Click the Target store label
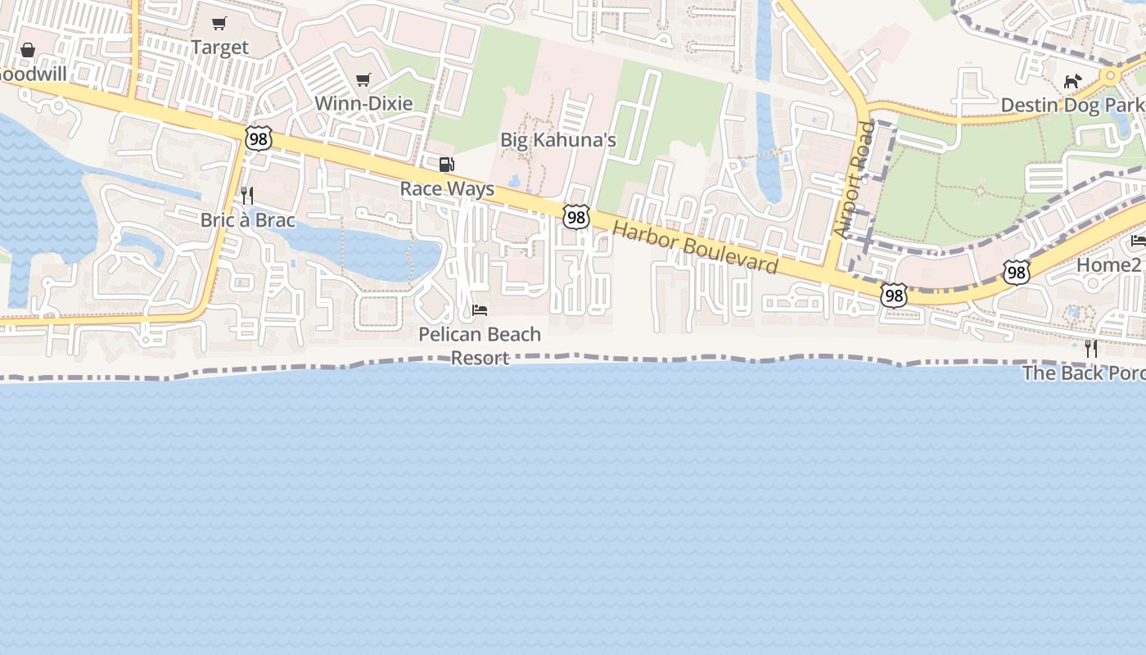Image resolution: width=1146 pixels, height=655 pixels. [x=219, y=47]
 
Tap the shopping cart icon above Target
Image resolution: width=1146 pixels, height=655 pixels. [x=219, y=23]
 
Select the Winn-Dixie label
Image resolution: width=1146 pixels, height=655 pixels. [x=363, y=103]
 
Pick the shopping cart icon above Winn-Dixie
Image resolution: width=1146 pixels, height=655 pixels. [x=363, y=79]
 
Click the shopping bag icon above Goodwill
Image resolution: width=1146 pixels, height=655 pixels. [x=28, y=50]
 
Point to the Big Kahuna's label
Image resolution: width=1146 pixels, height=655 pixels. [x=557, y=140]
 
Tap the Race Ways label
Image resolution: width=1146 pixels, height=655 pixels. [x=447, y=188]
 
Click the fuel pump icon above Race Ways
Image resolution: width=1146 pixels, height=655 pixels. [x=447, y=165]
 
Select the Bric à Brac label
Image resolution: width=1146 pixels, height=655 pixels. [x=247, y=219]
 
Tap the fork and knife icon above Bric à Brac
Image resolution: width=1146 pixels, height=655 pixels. [x=247, y=196]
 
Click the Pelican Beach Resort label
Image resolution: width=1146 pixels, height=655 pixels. [x=480, y=346]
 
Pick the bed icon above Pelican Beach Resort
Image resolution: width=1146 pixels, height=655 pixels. [x=480, y=309]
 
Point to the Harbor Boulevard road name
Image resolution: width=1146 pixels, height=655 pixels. [x=695, y=246]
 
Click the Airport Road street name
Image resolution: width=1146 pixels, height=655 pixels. [x=855, y=180]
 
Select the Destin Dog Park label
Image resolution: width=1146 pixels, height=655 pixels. [x=1072, y=106]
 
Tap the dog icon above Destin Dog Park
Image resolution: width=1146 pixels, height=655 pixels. [x=1072, y=81]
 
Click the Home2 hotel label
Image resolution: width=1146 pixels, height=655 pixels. [x=1109, y=264]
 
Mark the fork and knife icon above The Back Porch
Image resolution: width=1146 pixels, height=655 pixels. [x=1091, y=349]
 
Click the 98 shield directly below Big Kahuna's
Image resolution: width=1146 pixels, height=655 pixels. [x=576, y=217]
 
